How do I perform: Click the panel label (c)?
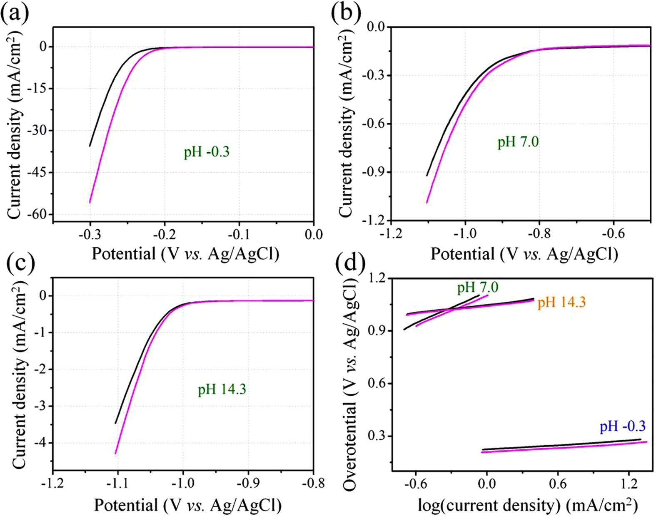pyautogui.click(x=15, y=263)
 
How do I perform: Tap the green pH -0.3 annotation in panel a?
pyautogui.click(x=207, y=152)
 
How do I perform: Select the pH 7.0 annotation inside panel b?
pyautogui.click(x=518, y=142)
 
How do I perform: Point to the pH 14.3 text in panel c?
pyautogui.click(x=222, y=389)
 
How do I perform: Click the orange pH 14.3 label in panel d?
pyautogui.click(x=561, y=302)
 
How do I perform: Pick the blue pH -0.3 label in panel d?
pyautogui.click(x=622, y=426)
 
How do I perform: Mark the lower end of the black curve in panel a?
pyautogui.click(x=90, y=146)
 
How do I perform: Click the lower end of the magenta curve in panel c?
pyautogui.click(x=115, y=453)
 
